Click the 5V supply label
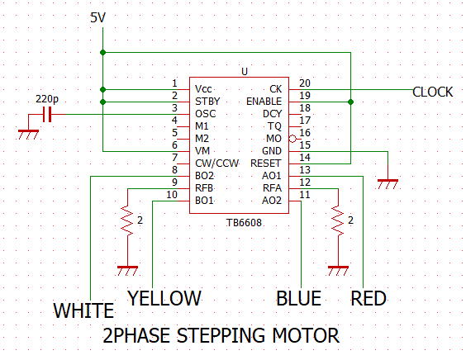[x=97, y=18]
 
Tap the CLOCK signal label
[x=432, y=92]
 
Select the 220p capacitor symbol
[x=47, y=114]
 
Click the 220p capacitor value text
[x=47, y=98]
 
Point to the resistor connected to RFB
[x=127, y=221]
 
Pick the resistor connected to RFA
[x=338, y=221]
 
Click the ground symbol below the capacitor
[x=29, y=135]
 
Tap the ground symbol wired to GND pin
[x=388, y=184]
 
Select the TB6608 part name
[x=244, y=222]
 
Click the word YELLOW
[x=164, y=298]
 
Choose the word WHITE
[x=83, y=310]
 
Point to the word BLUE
[x=298, y=298]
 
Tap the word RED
[x=369, y=298]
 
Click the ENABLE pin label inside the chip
[x=264, y=102]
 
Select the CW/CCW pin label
[x=217, y=163]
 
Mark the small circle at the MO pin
[x=292, y=139]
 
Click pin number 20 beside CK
[x=305, y=83]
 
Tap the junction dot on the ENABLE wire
[x=350, y=102]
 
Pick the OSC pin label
[x=206, y=114]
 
